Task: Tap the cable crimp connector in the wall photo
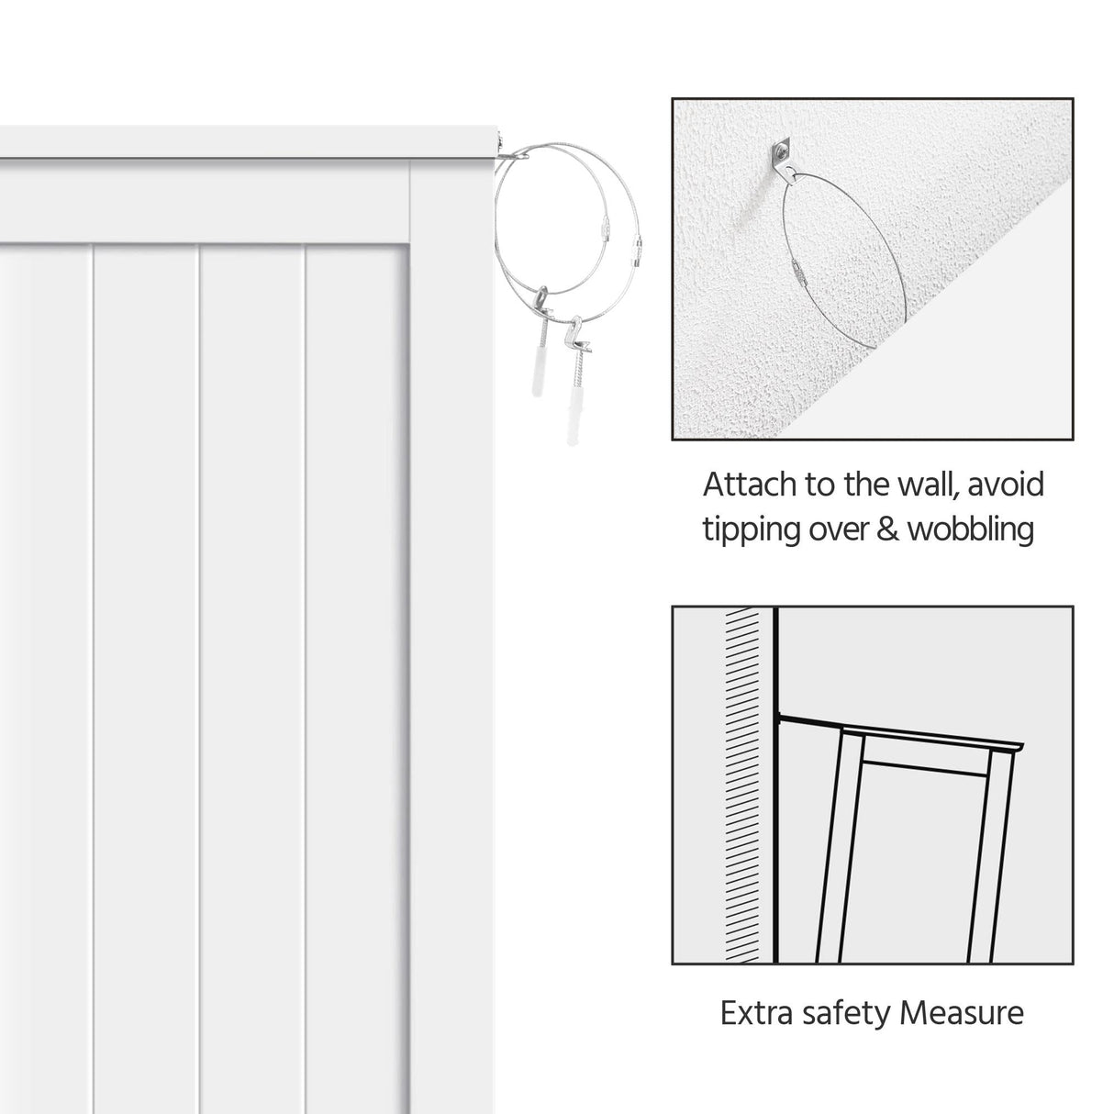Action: pyautogui.click(x=798, y=269)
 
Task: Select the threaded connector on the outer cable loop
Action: pyautogui.click(x=636, y=254)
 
